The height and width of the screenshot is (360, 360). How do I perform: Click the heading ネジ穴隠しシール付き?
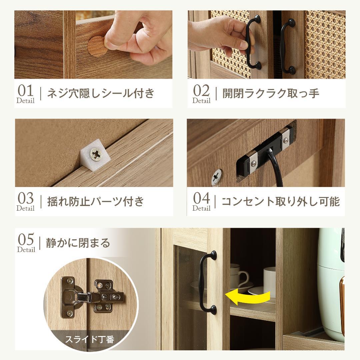tap(101, 93)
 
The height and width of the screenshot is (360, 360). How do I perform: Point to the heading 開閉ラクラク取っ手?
tap(271, 93)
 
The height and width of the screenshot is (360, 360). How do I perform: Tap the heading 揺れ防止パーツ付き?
tap(96, 202)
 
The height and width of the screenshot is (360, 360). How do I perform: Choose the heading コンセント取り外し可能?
tap(280, 202)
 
